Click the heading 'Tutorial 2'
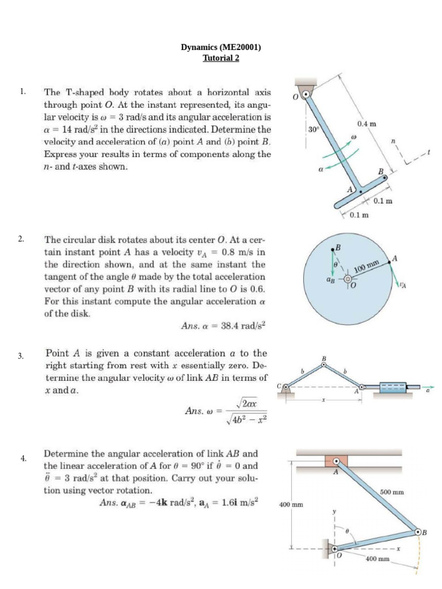[x=221, y=58]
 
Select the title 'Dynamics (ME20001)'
[x=221, y=48]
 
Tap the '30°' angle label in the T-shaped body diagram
[x=313, y=130]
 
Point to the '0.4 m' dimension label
[x=366, y=124]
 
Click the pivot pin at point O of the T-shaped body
[x=307, y=95]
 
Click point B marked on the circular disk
[x=333, y=248]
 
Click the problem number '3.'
[x=21, y=356]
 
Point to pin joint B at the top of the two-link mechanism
[x=324, y=365]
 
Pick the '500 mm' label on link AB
[x=392, y=492]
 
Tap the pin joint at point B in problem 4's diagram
[x=418, y=532]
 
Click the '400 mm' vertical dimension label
[x=291, y=504]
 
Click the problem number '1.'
[x=22, y=91]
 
